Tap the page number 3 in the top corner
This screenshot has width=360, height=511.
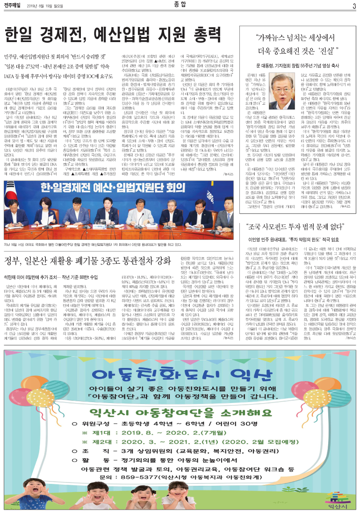pyautogui.click(x=354, y=6)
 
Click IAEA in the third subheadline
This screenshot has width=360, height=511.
pyautogui.click(x=13, y=73)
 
